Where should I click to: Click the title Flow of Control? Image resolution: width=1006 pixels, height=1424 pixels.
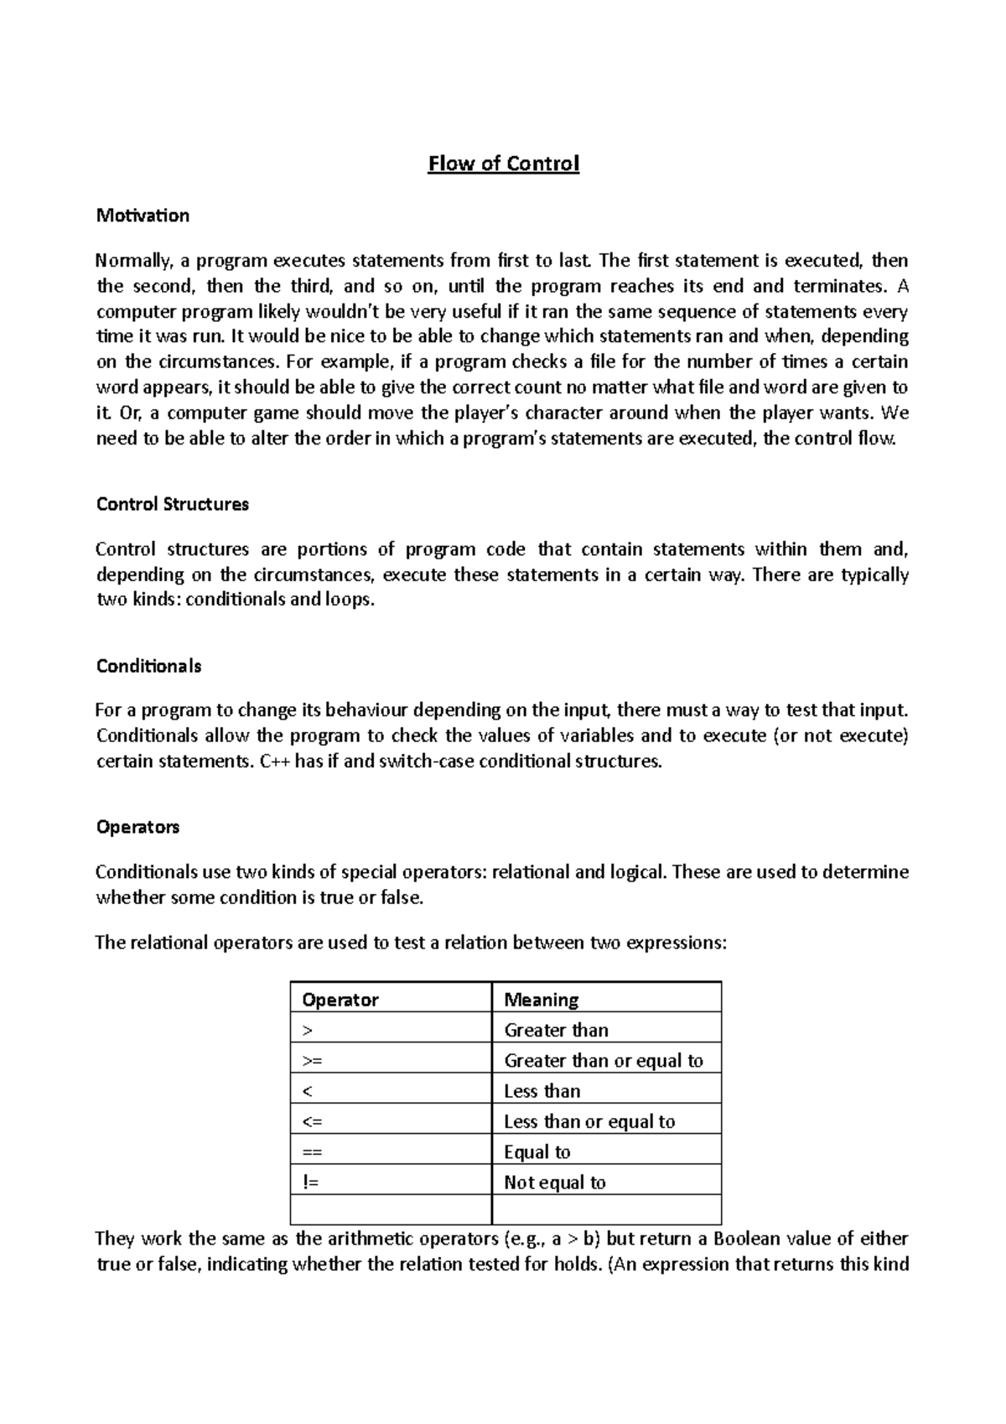tap(503, 164)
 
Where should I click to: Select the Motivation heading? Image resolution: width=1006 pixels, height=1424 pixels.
tap(143, 216)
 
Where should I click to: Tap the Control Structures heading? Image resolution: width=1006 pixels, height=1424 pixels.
tap(173, 504)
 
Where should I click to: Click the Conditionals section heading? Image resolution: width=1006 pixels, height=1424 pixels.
tap(148, 666)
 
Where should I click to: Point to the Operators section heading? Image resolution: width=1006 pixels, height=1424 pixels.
tap(138, 827)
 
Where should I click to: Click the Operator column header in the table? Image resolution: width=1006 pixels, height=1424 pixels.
tap(340, 1000)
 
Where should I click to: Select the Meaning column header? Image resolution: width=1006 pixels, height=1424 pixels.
tap(541, 1000)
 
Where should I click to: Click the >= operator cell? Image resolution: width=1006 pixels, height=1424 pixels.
tap(312, 1061)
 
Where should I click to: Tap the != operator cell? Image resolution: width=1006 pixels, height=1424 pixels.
tap(311, 1182)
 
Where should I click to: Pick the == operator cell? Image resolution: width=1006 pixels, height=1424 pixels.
tap(312, 1152)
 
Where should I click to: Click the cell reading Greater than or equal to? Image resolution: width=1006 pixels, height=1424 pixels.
tap(603, 1061)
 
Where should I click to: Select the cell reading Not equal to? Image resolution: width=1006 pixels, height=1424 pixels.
tap(554, 1182)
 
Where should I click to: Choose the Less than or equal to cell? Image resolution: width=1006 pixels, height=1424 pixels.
tap(589, 1122)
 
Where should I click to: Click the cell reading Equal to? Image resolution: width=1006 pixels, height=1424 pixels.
tap(537, 1152)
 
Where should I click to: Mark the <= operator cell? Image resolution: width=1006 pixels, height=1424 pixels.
tap(312, 1122)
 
